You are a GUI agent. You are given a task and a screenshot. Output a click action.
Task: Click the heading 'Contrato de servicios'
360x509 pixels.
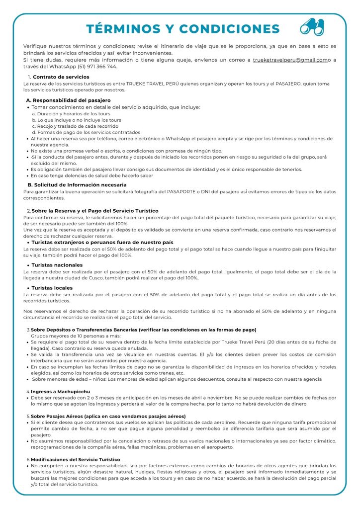coord(61,77)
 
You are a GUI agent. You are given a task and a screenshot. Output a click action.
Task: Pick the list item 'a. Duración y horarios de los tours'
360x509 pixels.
coord(71,114)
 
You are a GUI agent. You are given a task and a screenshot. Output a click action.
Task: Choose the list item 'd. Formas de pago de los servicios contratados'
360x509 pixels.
coord(86,133)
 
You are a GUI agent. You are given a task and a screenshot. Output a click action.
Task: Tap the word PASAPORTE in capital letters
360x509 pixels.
coord(183,191)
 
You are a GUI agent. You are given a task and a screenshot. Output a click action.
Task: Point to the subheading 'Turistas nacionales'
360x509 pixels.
coord(57,265)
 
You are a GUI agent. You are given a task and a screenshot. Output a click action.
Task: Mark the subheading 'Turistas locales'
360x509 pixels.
coord(52,288)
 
